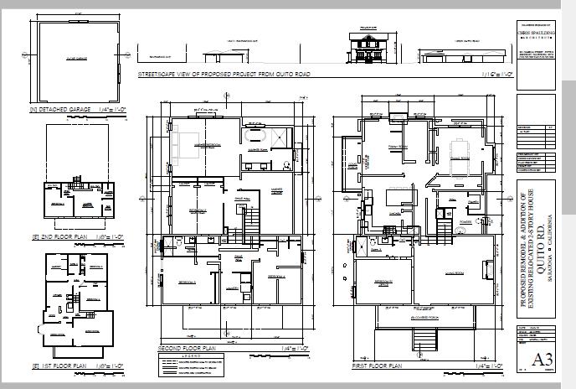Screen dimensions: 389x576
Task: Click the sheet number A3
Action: click(543, 360)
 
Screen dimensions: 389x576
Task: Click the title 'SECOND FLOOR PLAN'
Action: click(187, 347)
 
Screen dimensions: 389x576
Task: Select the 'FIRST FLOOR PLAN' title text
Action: click(378, 366)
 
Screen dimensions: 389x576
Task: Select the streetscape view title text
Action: click(213, 75)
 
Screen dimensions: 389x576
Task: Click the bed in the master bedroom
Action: click(186, 137)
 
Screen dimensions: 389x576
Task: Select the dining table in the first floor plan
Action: click(459, 151)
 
